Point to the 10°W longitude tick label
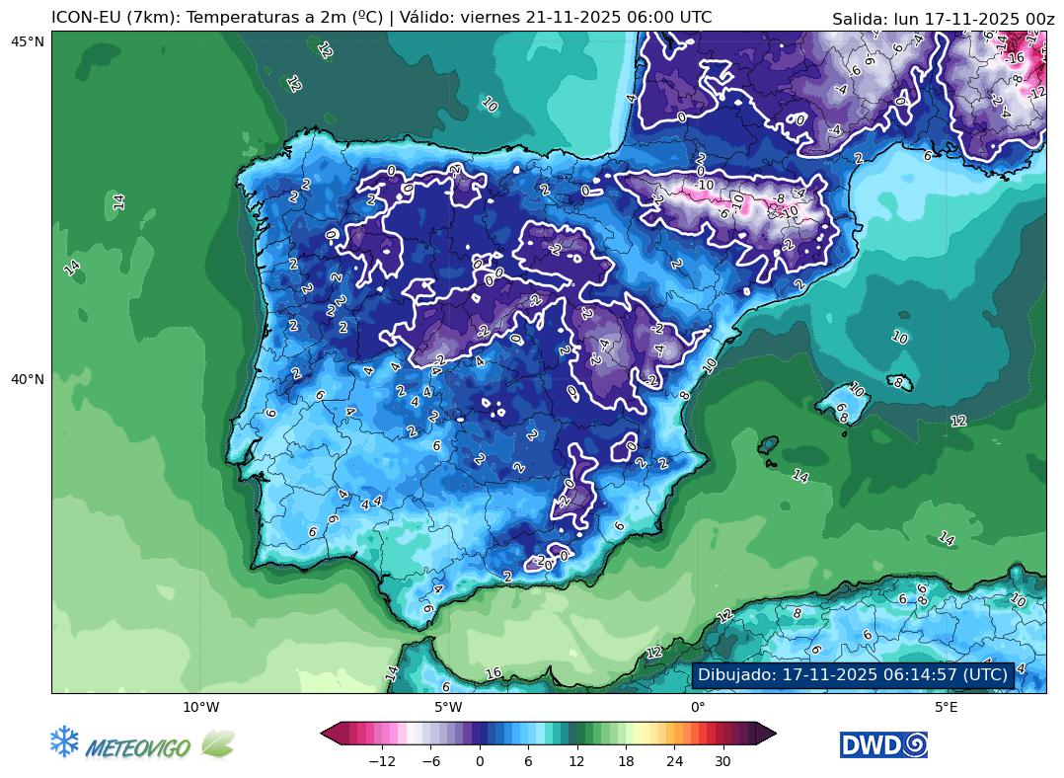click(x=200, y=706)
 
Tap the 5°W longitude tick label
click(x=448, y=706)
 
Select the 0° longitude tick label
click(x=697, y=706)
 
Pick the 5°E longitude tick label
click(x=946, y=706)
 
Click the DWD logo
click(x=883, y=745)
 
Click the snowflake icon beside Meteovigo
click(x=64, y=742)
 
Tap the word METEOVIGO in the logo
click(x=138, y=748)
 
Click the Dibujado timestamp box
click(x=853, y=675)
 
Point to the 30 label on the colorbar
click(x=722, y=761)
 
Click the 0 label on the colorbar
click(x=480, y=761)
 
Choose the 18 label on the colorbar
click(x=626, y=761)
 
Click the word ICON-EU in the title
click(x=85, y=18)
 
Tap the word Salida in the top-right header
click(x=860, y=19)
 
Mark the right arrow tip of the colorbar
click(x=775, y=733)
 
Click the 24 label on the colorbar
click(x=674, y=761)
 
